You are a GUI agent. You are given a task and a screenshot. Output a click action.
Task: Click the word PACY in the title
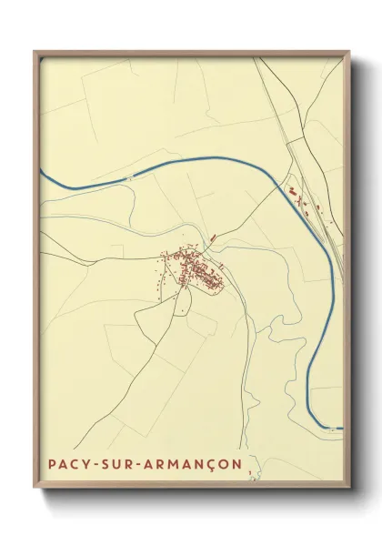[67, 464]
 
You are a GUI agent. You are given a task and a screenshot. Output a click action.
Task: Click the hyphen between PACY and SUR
[93, 464]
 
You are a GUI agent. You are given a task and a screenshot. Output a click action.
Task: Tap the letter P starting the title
[52, 464]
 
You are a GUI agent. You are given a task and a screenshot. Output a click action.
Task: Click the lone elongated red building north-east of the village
[212, 237]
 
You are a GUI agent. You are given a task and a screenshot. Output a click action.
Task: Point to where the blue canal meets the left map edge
[41, 169]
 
